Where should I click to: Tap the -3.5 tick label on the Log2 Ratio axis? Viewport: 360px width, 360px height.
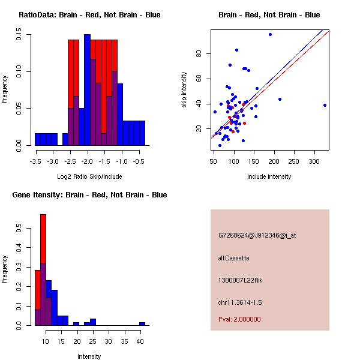pos(35,162)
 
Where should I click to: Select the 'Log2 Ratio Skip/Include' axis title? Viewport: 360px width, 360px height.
pos(89,176)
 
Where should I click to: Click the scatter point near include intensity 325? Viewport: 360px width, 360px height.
pos(325,105)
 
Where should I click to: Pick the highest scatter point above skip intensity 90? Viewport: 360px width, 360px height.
pos(270,34)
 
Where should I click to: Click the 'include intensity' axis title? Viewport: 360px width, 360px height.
pos(269,176)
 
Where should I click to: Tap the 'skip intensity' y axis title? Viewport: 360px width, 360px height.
pos(184,90)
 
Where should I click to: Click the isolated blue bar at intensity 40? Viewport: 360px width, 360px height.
pos(142,323)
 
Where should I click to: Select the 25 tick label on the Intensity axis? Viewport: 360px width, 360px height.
pos(93,342)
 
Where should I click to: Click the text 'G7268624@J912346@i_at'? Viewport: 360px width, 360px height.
pos(257,235)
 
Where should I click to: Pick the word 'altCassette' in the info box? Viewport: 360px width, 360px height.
pos(234,258)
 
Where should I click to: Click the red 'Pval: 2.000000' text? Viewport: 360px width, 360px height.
pos(239,319)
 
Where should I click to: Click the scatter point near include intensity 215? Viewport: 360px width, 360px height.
pos(280,99)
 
